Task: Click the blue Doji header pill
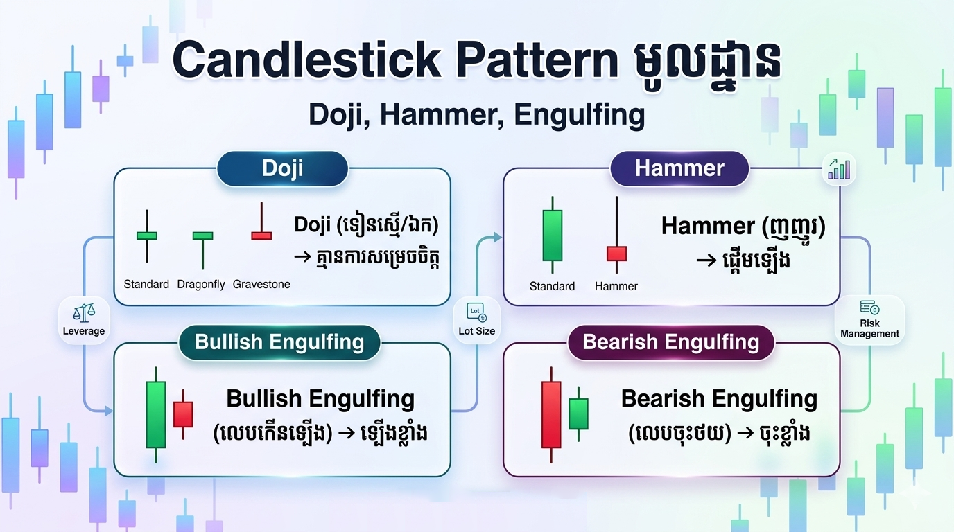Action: click(x=282, y=169)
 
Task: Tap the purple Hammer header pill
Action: click(x=679, y=169)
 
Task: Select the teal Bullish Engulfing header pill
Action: click(x=279, y=342)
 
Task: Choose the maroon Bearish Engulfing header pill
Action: click(x=671, y=342)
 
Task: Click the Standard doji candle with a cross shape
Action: click(x=147, y=236)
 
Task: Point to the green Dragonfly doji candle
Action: click(x=202, y=250)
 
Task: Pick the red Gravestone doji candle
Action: click(x=261, y=221)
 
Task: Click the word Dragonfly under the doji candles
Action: click(x=201, y=284)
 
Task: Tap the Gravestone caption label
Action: click(x=261, y=284)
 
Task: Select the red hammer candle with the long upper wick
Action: click(x=616, y=235)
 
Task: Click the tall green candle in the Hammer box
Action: click(x=553, y=235)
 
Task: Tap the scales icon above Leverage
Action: click(x=84, y=313)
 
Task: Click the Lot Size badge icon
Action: click(x=476, y=312)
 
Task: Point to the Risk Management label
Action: click(x=869, y=328)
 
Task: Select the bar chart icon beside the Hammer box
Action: click(x=839, y=169)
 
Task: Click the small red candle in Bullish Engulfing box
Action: click(x=183, y=414)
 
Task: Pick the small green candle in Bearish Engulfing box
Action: click(x=578, y=414)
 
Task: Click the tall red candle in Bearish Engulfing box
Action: click(x=551, y=415)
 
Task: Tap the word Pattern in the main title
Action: click(x=538, y=60)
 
